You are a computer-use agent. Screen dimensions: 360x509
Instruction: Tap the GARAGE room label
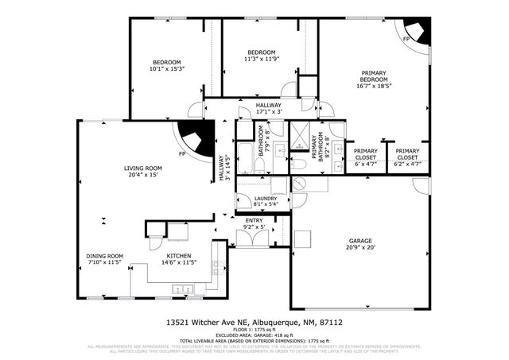click(360, 241)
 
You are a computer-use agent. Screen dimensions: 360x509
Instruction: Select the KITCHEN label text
click(179, 255)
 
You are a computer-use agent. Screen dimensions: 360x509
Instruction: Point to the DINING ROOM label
click(104, 255)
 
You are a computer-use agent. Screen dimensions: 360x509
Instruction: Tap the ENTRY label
click(254, 221)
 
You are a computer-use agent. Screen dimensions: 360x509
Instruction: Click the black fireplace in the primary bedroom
click(417, 31)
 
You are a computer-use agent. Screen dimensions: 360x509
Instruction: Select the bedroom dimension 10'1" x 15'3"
click(167, 69)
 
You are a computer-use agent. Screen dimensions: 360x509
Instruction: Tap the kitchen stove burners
click(216, 270)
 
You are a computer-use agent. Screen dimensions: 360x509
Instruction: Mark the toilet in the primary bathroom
click(299, 165)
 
